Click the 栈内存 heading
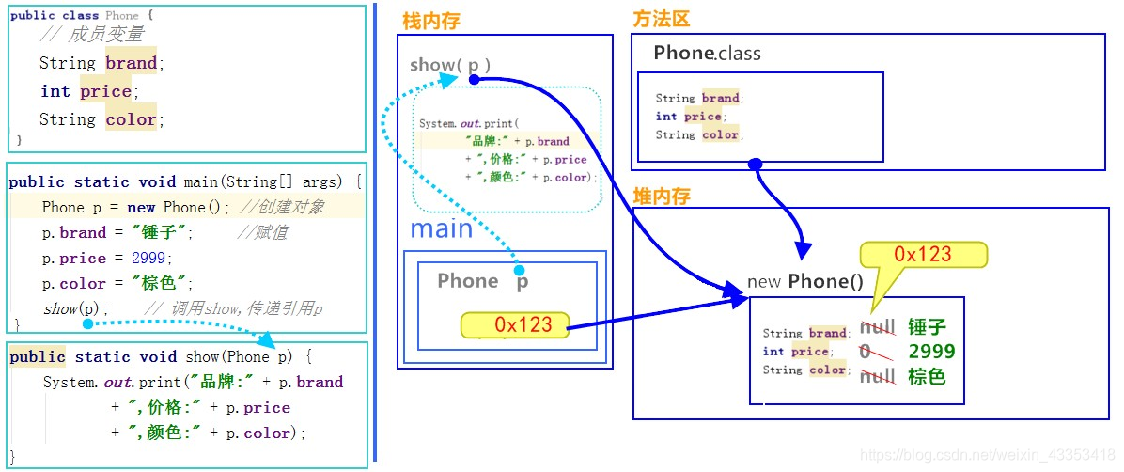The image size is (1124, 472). click(x=431, y=21)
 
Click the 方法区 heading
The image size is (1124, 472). click(x=662, y=20)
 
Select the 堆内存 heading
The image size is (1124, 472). click(x=662, y=196)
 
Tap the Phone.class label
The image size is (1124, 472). click(x=707, y=54)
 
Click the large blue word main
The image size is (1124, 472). click(x=441, y=228)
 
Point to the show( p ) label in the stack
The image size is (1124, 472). click(x=450, y=65)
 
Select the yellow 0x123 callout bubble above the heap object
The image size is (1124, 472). click(x=923, y=255)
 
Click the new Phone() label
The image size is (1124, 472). click(x=804, y=282)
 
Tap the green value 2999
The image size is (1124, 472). click(x=931, y=352)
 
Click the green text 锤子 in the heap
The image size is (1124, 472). click(x=927, y=327)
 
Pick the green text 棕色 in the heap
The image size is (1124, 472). click(x=927, y=376)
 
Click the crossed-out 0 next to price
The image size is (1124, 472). click(x=865, y=352)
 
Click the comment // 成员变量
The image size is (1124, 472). click(x=92, y=36)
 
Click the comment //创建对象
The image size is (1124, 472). click(x=282, y=207)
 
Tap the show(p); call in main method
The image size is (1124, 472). click(x=76, y=308)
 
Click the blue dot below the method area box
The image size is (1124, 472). click(x=755, y=164)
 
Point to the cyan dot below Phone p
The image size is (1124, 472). click(x=518, y=270)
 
